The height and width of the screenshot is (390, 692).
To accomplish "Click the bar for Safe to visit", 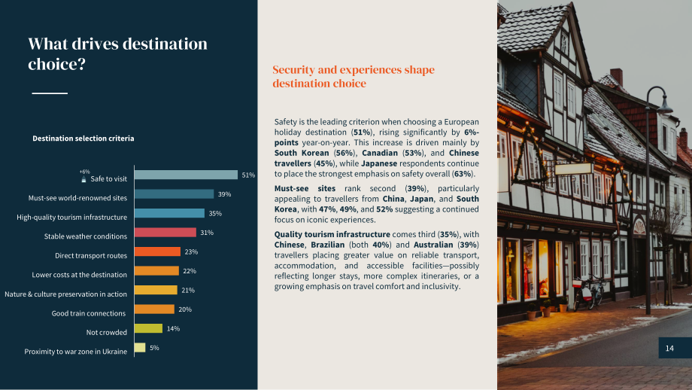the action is click(x=186, y=175).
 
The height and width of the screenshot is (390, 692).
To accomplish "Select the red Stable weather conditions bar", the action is click(x=165, y=233).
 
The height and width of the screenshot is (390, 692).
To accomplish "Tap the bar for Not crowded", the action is click(x=148, y=328).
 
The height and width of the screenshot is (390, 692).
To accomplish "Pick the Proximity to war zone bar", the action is click(x=140, y=348).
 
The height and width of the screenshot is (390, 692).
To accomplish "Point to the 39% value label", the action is click(x=224, y=194).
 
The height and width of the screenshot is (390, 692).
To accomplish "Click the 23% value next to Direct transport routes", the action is click(x=191, y=251).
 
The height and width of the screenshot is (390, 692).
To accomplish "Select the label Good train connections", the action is click(x=89, y=313).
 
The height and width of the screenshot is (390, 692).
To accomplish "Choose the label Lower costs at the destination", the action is click(x=80, y=275).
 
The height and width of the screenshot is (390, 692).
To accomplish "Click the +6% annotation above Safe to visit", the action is click(x=84, y=172).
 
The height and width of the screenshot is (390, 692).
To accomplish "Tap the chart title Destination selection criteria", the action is click(x=83, y=139).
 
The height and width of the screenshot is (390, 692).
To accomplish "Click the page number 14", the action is click(x=669, y=348).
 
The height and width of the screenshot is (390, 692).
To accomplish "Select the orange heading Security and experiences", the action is click(x=354, y=76).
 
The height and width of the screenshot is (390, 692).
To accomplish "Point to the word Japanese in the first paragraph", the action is click(x=379, y=163).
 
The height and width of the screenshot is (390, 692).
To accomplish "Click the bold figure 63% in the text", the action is click(x=463, y=174).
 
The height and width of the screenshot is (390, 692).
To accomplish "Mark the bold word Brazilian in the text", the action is click(x=328, y=245).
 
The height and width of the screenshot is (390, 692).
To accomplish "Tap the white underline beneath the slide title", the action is click(x=50, y=93).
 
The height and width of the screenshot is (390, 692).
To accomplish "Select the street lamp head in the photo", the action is click(x=664, y=108).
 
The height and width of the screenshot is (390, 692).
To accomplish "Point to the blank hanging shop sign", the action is click(x=574, y=169).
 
